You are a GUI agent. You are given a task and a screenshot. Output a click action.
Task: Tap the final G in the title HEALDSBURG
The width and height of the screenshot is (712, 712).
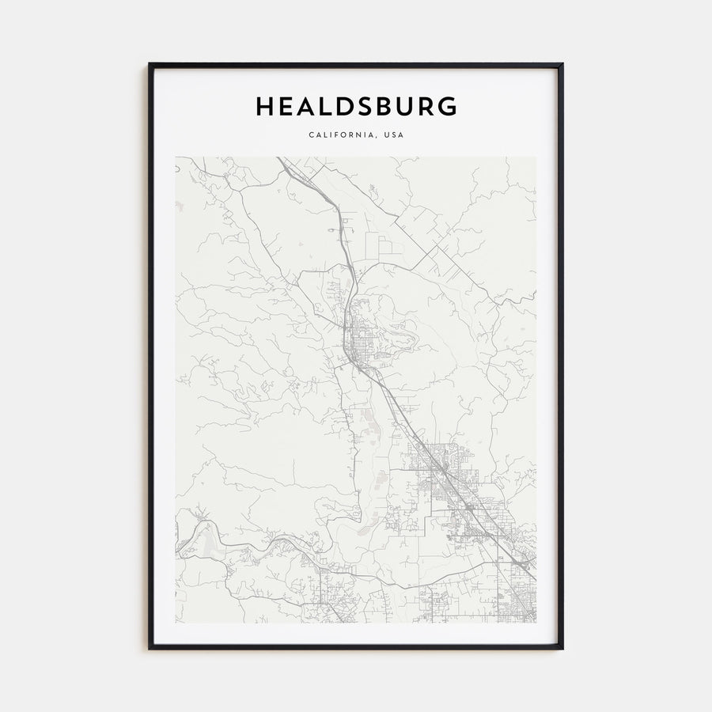447,107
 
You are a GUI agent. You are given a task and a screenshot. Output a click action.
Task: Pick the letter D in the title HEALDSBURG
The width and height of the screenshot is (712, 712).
343,107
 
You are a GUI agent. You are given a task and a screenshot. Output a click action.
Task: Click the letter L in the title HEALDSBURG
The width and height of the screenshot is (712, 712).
324,107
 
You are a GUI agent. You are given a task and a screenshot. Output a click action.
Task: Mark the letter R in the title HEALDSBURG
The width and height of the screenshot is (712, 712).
426,107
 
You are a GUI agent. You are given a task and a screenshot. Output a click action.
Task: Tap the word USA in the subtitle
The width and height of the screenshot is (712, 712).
392,135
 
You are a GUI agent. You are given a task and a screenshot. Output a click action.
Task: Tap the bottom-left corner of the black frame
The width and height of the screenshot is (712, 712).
150,649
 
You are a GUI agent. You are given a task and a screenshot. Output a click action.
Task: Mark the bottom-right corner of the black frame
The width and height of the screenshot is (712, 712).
562,649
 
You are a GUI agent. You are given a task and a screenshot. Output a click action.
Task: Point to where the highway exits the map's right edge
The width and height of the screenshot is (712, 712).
534,574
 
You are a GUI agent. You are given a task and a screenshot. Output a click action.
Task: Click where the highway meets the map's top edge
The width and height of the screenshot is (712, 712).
278,158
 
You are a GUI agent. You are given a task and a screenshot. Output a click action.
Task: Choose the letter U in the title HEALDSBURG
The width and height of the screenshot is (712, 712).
405,107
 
